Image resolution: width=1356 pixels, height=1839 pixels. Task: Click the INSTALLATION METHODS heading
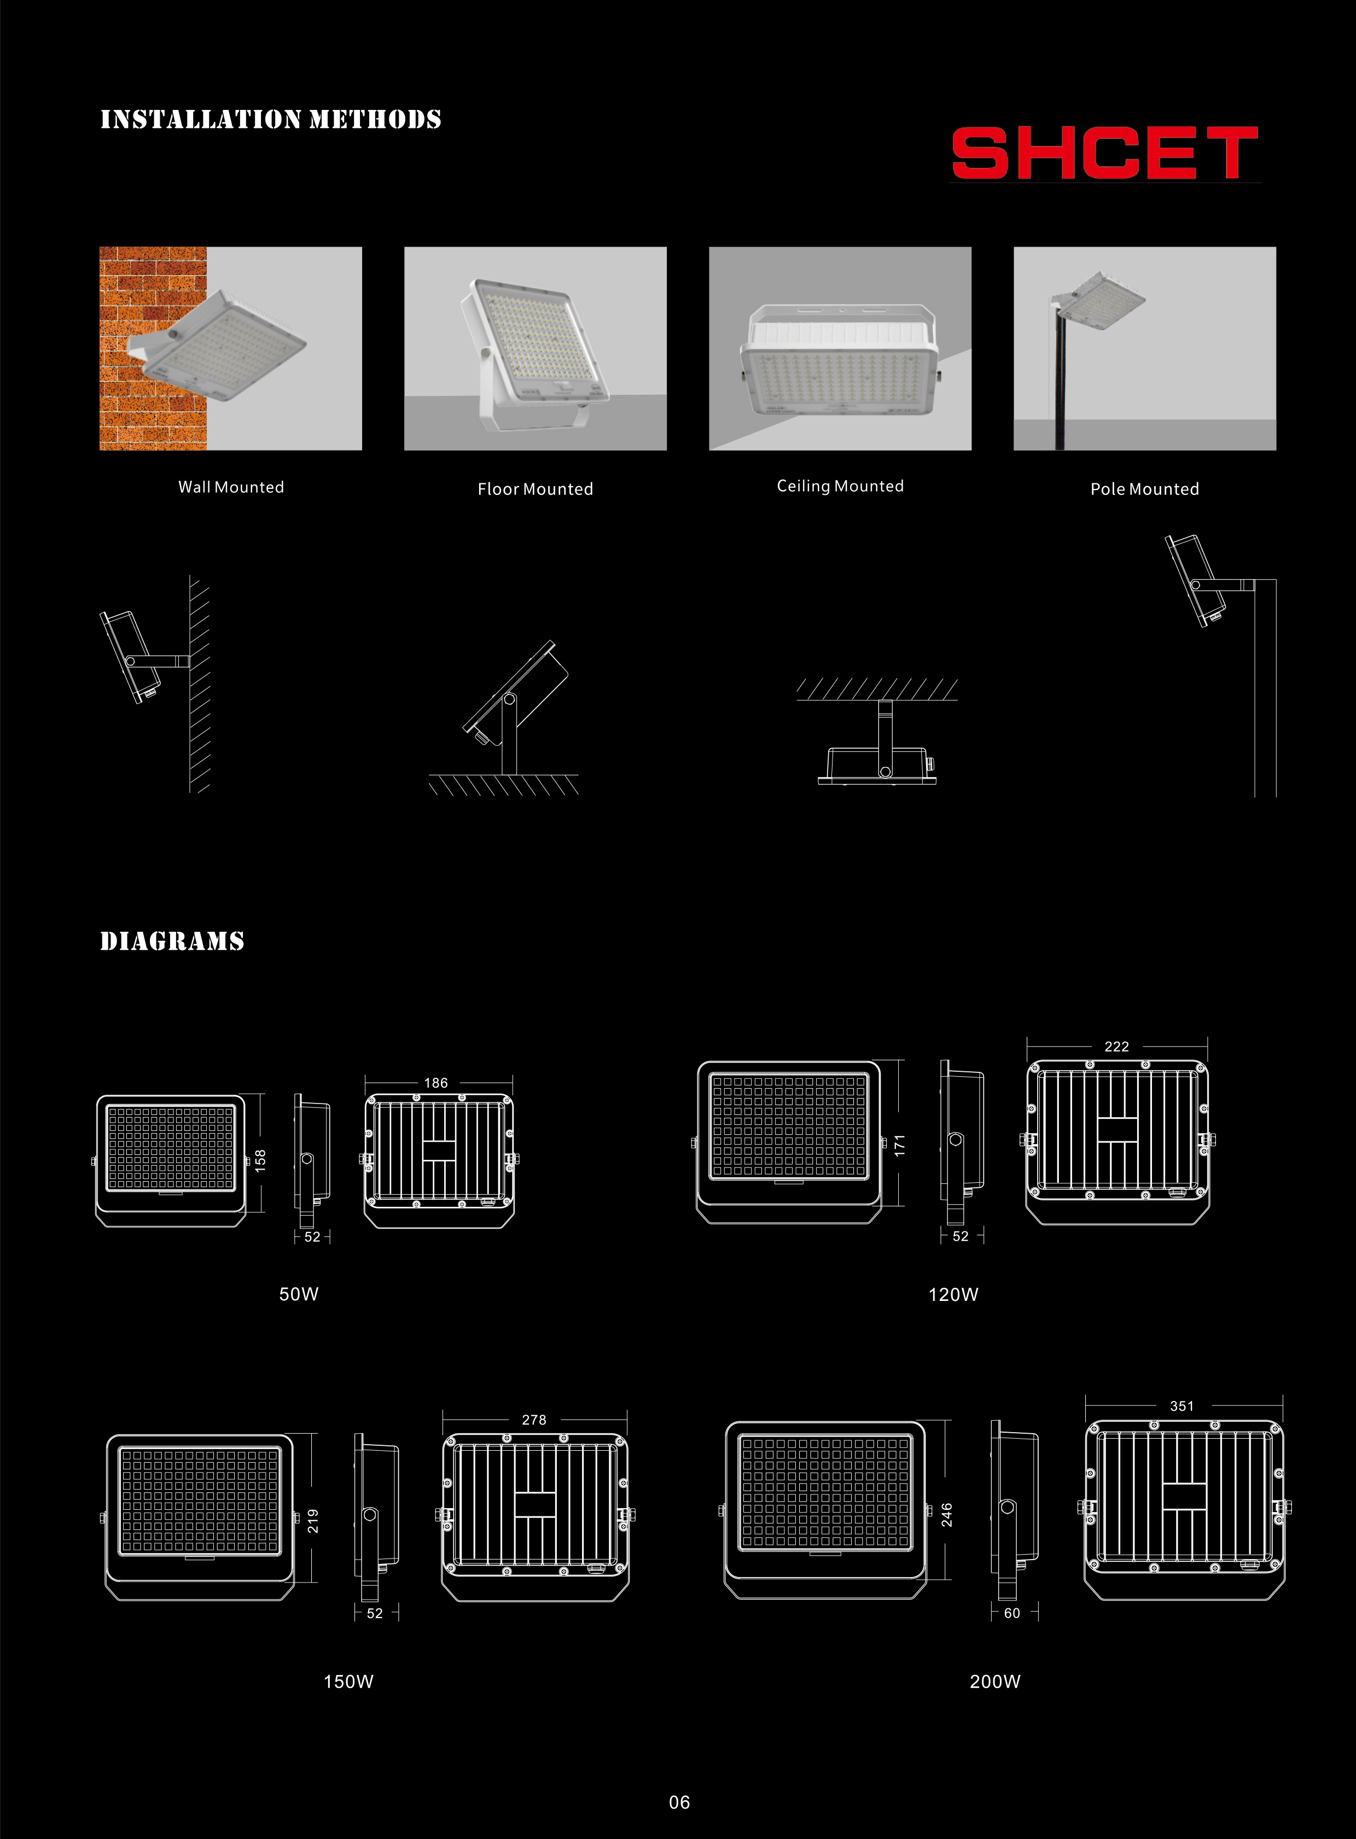tap(271, 120)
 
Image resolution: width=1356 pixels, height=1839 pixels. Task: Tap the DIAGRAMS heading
tap(172, 941)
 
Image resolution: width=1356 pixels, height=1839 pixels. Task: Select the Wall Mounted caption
tap(231, 487)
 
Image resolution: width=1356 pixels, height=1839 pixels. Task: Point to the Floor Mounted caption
tap(535, 489)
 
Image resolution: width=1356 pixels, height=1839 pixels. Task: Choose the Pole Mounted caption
tap(1145, 489)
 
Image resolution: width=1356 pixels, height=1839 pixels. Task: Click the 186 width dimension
tap(436, 1083)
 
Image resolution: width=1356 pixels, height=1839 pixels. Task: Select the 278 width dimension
tap(534, 1420)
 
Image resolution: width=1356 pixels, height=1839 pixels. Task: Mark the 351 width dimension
tap(1182, 1406)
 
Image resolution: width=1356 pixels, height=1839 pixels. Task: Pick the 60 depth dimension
tap(1012, 1613)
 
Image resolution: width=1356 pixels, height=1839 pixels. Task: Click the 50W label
tap(299, 1294)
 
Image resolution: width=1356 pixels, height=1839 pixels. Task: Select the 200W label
tap(995, 1682)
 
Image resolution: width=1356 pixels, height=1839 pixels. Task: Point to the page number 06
tap(680, 1802)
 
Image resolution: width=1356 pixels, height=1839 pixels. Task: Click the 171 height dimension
tap(900, 1146)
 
